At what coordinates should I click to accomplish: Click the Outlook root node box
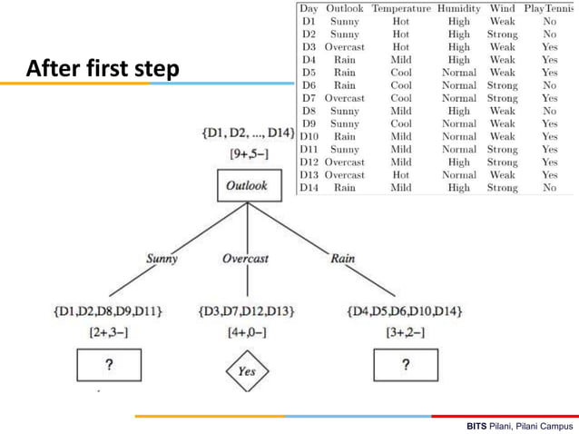coord(247,186)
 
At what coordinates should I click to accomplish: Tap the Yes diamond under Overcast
coord(247,370)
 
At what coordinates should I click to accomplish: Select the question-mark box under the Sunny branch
coord(110,366)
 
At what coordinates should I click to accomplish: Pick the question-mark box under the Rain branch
coord(405,366)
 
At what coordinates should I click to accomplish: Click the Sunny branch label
coord(162,259)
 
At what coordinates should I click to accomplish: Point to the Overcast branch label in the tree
coord(245,259)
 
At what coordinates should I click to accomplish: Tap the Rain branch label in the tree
coord(342,259)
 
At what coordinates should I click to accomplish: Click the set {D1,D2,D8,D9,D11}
coord(110,312)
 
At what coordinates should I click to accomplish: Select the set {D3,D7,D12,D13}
coord(246,312)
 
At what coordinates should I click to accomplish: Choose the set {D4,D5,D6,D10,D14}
coord(405,312)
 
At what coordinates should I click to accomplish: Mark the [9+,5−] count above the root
coord(247,153)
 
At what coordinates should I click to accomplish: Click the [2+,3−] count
coord(110,333)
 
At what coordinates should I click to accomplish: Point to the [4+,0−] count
coord(246,333)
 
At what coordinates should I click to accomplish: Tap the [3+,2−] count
coord(405,333)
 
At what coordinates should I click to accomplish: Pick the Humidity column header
coord(459,8)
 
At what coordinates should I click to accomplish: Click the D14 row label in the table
coord(309,188)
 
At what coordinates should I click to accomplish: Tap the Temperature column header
coord(400,8)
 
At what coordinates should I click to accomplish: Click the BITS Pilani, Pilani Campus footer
coord(520,425)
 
